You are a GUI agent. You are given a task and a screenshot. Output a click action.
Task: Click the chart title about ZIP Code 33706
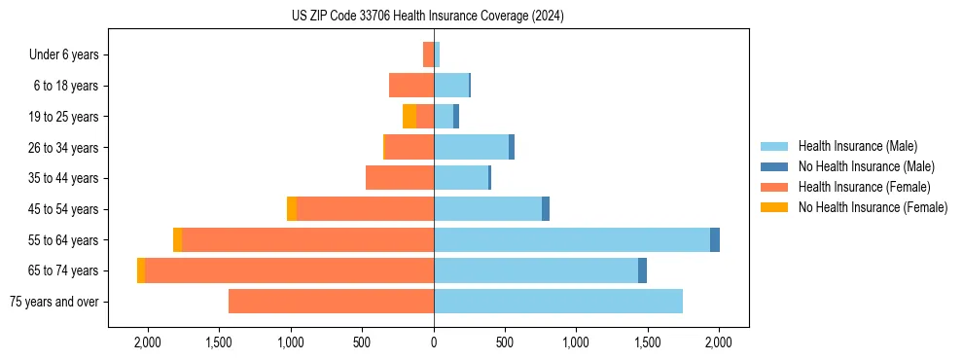pyautogui.click(x=427, y=17)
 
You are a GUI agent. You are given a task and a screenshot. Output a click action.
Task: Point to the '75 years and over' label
pyautogui.click(x=54, y=302)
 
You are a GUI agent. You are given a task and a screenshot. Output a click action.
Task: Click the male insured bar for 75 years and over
pyautogui.click(x=558, y=302)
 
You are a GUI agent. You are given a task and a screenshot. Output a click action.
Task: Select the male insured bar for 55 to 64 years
pyautogui.click(x=572, y=240)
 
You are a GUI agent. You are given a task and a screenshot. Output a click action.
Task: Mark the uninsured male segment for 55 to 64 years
pyautogui.click(x=715, y=240)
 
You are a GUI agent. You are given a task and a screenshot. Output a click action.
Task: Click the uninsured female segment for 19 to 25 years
pyautogui.click(x=410, y=117)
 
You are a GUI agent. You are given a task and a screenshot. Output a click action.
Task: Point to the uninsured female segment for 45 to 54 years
pyautogui.click(x=292, y=209)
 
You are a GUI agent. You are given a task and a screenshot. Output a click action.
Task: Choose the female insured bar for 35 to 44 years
pyautogui.click(x=400, y=178)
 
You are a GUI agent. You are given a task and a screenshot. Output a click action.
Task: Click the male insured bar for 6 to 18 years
pyautogui.click(x=451, y=86)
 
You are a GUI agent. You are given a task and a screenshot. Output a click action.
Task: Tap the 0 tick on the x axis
pyautogui.click(x=434, y=342)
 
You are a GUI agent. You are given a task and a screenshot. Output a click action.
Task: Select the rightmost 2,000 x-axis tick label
pyautogui.click(x=719, y=342)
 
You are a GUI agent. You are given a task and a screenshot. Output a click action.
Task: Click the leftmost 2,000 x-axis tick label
pyautogui.click(x=148, y=342)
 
